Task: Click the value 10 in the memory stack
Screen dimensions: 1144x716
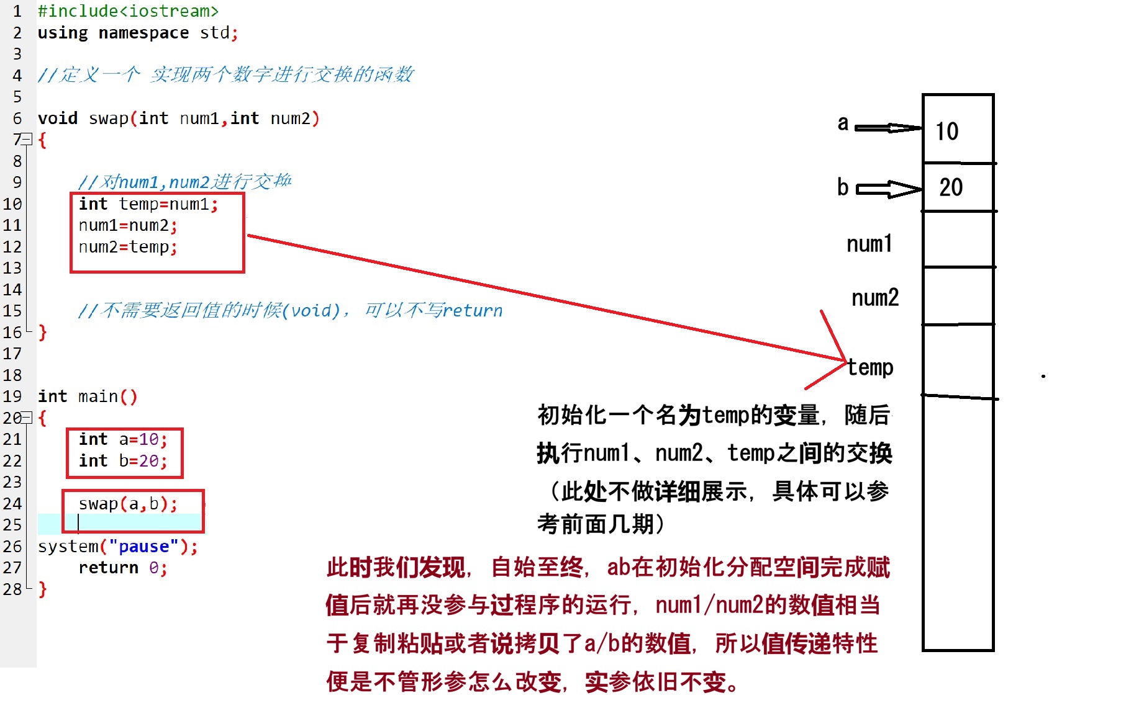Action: [x=947, y=132]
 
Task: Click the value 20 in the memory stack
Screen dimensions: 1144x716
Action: [x=951, y=187]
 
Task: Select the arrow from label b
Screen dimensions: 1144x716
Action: [x=889, y=189]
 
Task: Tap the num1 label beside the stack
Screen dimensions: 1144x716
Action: [x=869, y=244]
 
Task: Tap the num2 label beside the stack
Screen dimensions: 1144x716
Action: [x=875, y=298]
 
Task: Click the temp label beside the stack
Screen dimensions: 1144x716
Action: [x=871, y=367]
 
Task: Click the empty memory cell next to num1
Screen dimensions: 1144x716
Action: [x=958, y=239]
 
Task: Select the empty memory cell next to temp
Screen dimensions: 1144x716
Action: [x=958, y=360]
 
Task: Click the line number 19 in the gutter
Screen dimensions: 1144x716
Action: [x=12, y=396]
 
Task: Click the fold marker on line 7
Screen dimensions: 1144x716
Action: [x=27, y=139]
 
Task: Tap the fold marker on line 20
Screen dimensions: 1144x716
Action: [x=27, y=418]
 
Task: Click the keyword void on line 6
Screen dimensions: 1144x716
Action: [x=58, y=119]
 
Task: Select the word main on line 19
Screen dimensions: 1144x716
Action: [x=98, y=396]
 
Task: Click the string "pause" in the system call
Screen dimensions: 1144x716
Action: [x=143, y=547]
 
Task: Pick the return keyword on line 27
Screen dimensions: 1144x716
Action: [x=109, y=568]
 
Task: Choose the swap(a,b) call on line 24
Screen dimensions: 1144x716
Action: [x=127, y=504]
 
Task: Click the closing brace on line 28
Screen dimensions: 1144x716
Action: [x=42, y=589]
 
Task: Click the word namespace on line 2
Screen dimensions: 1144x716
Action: [x=143, y=33]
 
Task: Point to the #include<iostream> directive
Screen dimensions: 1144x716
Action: [x=128, y=11]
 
